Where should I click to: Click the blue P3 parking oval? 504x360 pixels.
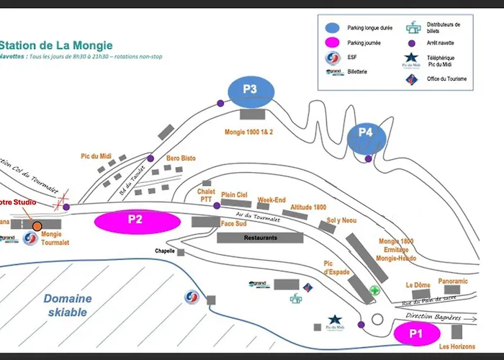point(249,91)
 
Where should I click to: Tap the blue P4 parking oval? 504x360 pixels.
point(366,133)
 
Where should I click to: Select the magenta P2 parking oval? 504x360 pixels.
point(135,220)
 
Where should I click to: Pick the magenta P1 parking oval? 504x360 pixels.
point(415,334)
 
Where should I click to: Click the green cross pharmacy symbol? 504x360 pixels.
point(374,291)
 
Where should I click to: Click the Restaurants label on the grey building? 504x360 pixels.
point(259,237)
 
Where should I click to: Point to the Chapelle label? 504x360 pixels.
point(166,251)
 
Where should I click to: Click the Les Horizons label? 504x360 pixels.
point(457,348)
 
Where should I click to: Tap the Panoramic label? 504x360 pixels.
point(453,282)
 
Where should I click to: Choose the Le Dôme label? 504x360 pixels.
point(418,285)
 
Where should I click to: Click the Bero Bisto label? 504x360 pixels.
point(181,158)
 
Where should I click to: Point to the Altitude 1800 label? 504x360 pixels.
point(308,207)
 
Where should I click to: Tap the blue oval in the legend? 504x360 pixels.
point(333,27)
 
